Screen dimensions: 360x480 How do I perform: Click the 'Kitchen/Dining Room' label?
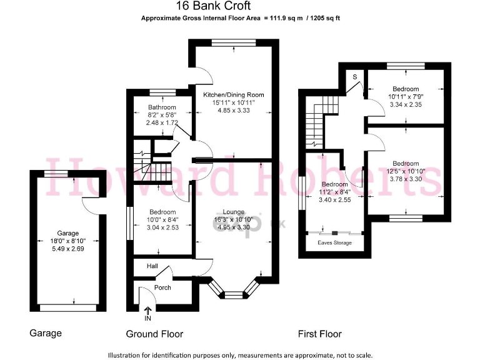pyautogui.click(x=233, y=95)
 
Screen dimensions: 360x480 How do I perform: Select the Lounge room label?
pyautogui.click(x=229, y=212)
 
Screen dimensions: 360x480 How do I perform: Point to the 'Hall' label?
pyautogui.click(x=152, y=266)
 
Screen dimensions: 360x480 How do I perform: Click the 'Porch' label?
pyautogui.click(x=162, y=287)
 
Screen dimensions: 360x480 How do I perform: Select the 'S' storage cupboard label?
pyautogui.click(x=354, y=76)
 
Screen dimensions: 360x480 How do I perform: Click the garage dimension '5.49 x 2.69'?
pyautogui.click(x=67, y=248)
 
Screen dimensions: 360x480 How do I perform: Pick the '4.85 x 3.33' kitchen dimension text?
pyautogui.click(x=233, y=111)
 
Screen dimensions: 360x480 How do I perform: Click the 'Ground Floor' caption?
pyautogui.click(x=154, y=334)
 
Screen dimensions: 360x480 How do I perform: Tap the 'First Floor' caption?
pyautogui.click(x=321, y=334)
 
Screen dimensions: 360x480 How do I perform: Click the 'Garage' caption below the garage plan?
pyautogui.click(x=46, y=333)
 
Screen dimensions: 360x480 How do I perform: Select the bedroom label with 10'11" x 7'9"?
pyautogui.click(x=406, y=89)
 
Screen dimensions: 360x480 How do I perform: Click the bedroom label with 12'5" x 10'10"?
pyautogui.click(x=406, y=164)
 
